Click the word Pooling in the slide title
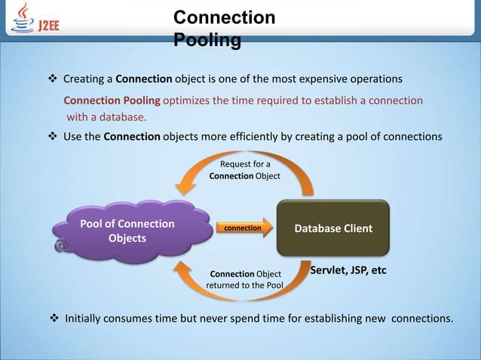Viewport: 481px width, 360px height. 207,40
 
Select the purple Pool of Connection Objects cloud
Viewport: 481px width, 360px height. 121,231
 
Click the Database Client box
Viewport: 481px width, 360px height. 334,228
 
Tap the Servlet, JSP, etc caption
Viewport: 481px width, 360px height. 348,269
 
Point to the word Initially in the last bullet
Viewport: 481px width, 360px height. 89,318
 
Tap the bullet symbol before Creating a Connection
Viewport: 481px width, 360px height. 53,79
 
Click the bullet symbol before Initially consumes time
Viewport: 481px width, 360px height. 54,318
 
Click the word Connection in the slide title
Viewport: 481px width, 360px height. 224,17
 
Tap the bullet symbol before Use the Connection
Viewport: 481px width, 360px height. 53,136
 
